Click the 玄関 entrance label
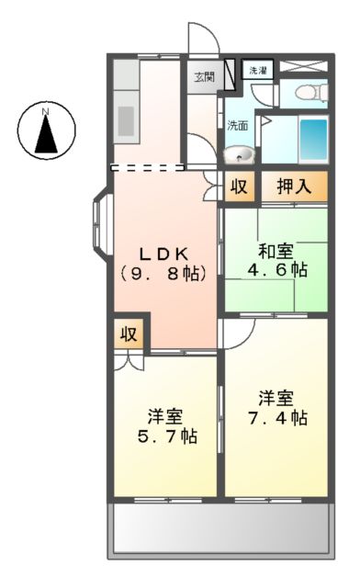(204, 77)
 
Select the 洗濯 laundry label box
(257, 70)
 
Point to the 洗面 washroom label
(237, 126)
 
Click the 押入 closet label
(294, 186)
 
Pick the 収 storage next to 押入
(239, 186)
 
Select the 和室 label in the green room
(275, 249)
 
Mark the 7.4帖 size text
(275, 417)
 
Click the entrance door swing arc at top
(203, 37)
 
